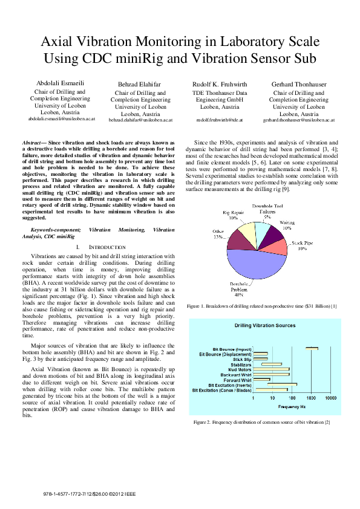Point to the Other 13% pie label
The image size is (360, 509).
[218, 235]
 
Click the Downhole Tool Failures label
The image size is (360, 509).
[266, 211]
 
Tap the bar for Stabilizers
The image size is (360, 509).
[272, 364]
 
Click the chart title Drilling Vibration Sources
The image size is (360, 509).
[265, 326]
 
